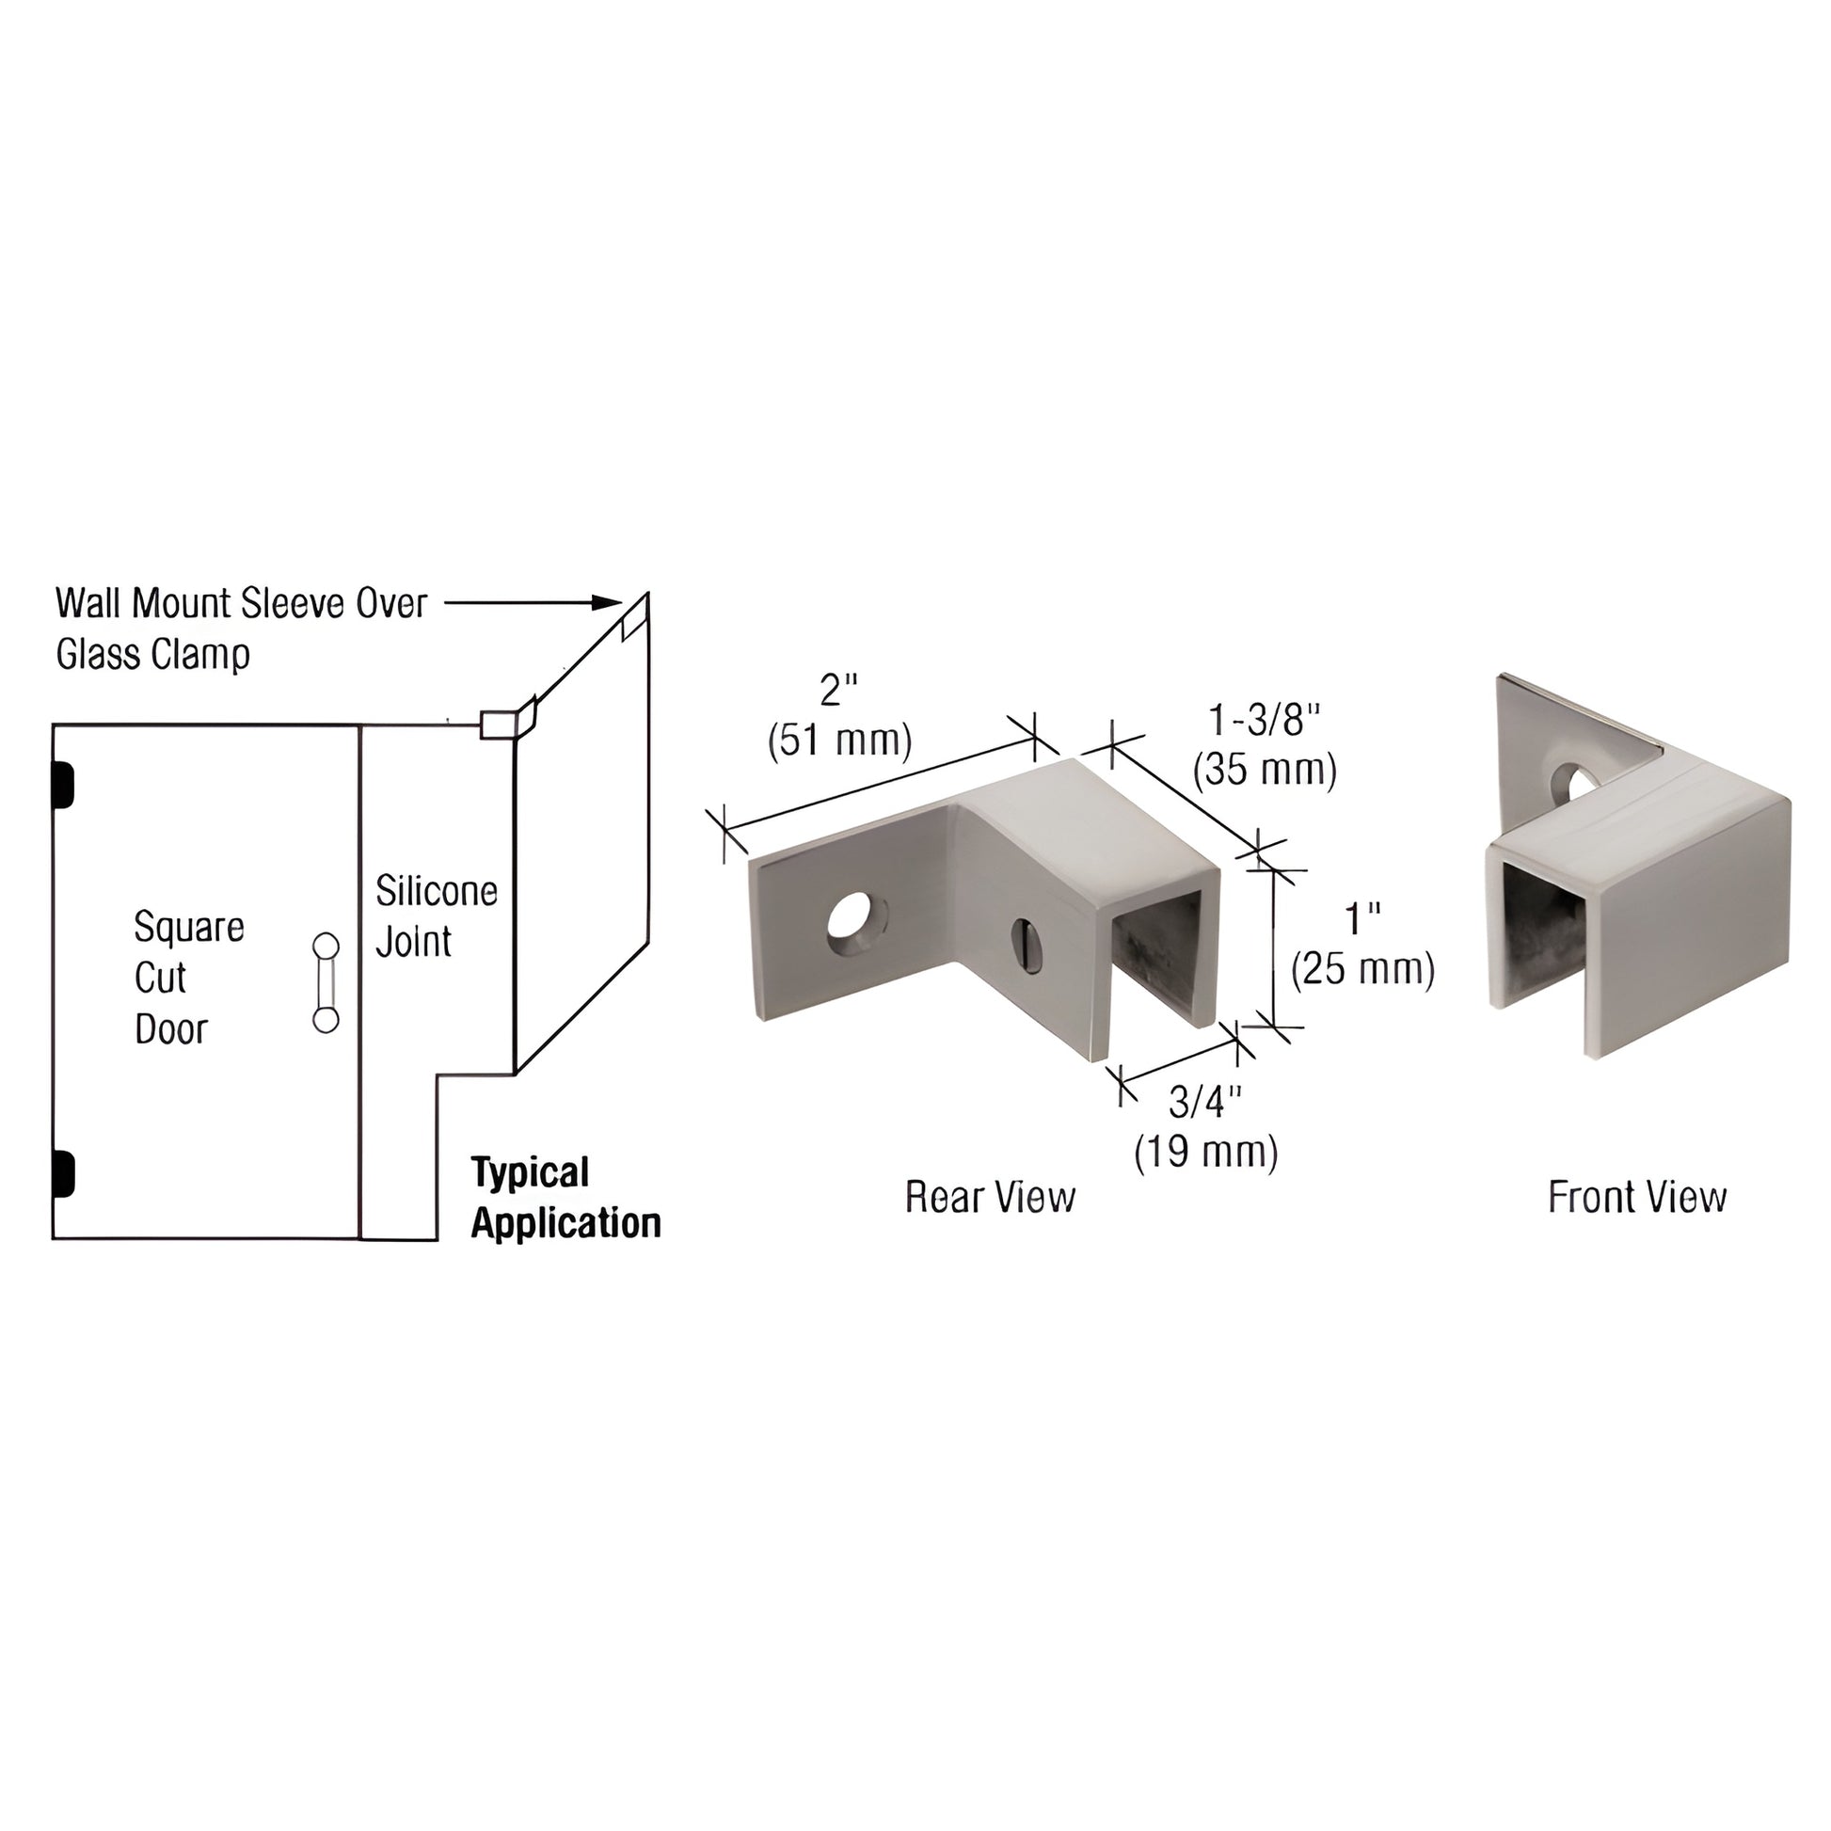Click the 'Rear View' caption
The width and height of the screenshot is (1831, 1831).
(x=990, y=1198)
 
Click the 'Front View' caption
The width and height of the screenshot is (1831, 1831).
(x=1637, y=1197)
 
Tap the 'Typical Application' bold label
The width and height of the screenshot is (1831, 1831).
(x=565, y=1198)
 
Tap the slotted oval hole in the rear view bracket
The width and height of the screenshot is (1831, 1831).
(x=1027, y=944)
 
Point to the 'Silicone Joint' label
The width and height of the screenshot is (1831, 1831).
(x=436, y=915)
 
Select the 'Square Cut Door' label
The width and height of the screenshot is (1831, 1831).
(x=188, y=977)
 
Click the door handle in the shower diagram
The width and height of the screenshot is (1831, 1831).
(x=325, y=983)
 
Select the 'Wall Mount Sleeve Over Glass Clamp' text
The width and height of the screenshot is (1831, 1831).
(x=242, y=628)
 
